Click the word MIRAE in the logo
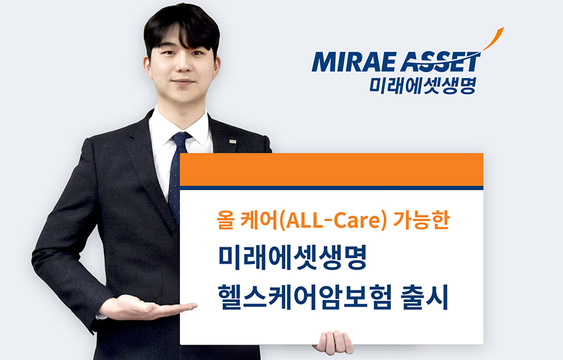click(x=351, y=63)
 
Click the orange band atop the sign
click(x=331, y=169)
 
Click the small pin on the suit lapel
click(x=232, y=142)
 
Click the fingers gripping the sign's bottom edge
click(x=333, y=342)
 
